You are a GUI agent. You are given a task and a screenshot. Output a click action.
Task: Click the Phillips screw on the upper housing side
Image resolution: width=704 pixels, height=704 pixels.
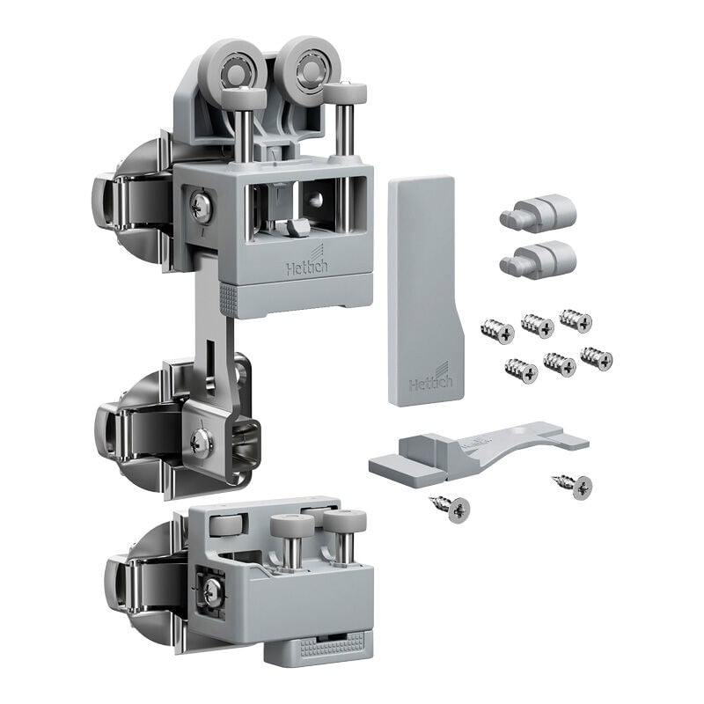201,208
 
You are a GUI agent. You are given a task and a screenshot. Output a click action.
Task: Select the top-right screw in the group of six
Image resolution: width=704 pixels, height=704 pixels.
576,320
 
